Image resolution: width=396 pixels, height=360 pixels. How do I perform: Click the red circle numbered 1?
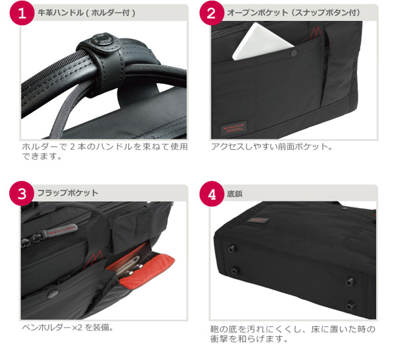coord(23,14)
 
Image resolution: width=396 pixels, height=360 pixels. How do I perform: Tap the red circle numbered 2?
coord(211,14)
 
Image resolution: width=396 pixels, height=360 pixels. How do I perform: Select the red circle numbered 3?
coord(23,194)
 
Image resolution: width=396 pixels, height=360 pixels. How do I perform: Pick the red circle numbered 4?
coord(211,194)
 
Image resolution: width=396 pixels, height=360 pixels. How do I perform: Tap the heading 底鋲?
coord(235,194)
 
